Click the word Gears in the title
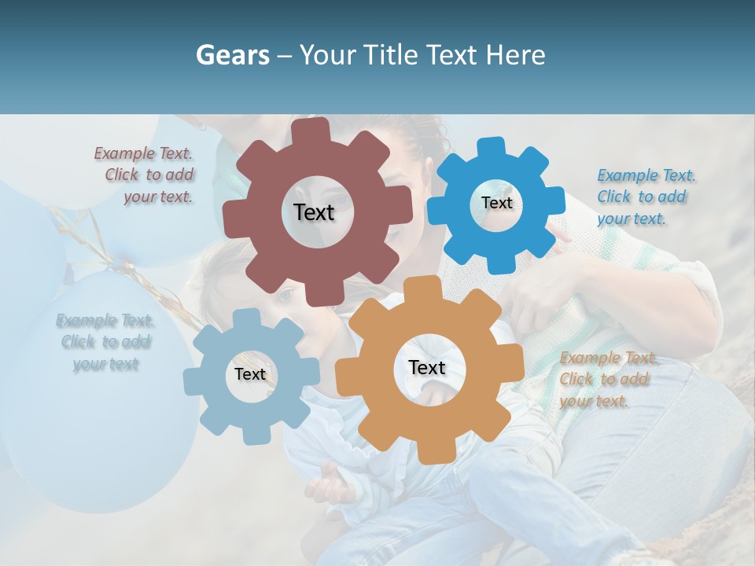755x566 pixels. (x=233, y=55)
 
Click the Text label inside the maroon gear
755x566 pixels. (x=314, y=212)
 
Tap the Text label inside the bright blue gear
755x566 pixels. (x=496, y=203)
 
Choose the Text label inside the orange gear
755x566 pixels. (x=426, y=367)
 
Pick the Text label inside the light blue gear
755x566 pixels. (x=250, y=374)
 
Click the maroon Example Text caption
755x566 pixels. (x=145, y=175)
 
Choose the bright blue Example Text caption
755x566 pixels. (x=644, y=197)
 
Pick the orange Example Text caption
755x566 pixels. (x=607, y=380)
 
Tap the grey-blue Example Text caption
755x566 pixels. (x=105, y=342)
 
